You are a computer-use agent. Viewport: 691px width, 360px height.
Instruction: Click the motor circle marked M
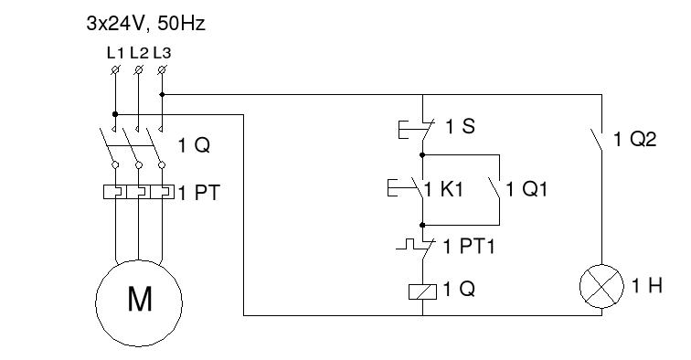[139, 299]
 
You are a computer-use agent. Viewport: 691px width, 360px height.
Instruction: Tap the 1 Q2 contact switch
[599, 139]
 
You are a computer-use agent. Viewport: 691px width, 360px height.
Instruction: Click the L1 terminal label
[114, 52]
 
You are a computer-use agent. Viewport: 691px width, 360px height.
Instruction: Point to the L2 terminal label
[138, 52]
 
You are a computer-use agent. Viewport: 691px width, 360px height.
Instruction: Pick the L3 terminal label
[162, 52]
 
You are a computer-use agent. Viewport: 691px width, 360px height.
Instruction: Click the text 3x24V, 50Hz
[144, 24]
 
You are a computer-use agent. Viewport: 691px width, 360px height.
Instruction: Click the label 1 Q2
[638, 140]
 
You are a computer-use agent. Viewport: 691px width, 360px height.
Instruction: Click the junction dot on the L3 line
[162, 94]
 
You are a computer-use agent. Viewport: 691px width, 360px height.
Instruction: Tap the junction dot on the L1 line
[114, 114]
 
